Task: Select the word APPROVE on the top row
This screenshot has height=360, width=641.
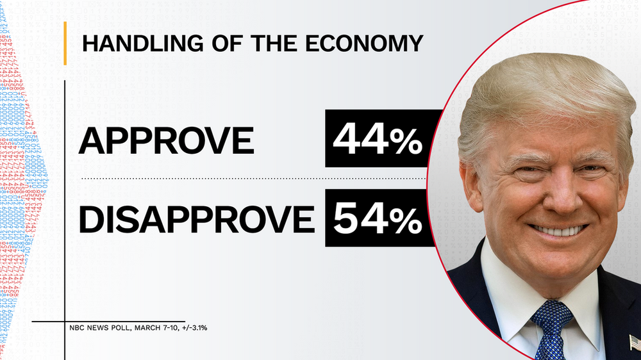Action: [x=166, y=141]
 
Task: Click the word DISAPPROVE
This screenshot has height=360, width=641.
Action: [x=196, y=219]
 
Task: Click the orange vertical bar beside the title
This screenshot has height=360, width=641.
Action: [x=65, y=43]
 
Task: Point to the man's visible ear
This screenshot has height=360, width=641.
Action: [x=472, y=183]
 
